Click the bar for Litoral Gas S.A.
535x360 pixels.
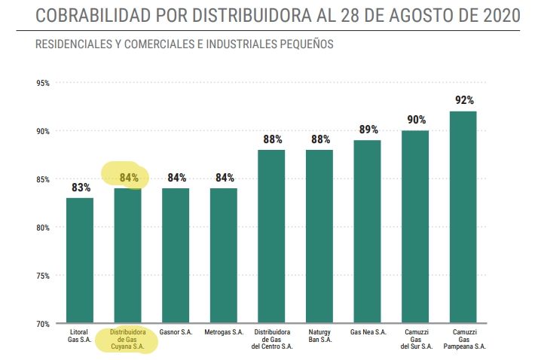[x=80, y=261]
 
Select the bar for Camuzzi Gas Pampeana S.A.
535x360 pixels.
[x=463, y=218]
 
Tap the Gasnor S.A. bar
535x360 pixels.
[x=176, y=256]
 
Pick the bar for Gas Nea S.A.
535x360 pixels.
[x=367, y=232]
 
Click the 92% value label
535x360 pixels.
[x=463, y=100]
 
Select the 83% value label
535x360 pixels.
[x=81, y=187]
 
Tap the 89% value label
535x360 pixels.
[x=368, y=130]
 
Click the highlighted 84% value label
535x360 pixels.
[x=129, y=178]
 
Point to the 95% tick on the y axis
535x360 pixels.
[x=42, y=83]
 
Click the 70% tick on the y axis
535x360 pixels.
[x=42, y=324]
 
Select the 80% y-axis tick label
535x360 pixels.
[x=42, y=227]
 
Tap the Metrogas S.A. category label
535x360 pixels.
[x=224, y=332]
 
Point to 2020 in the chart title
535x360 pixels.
[x=499, y=16]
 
